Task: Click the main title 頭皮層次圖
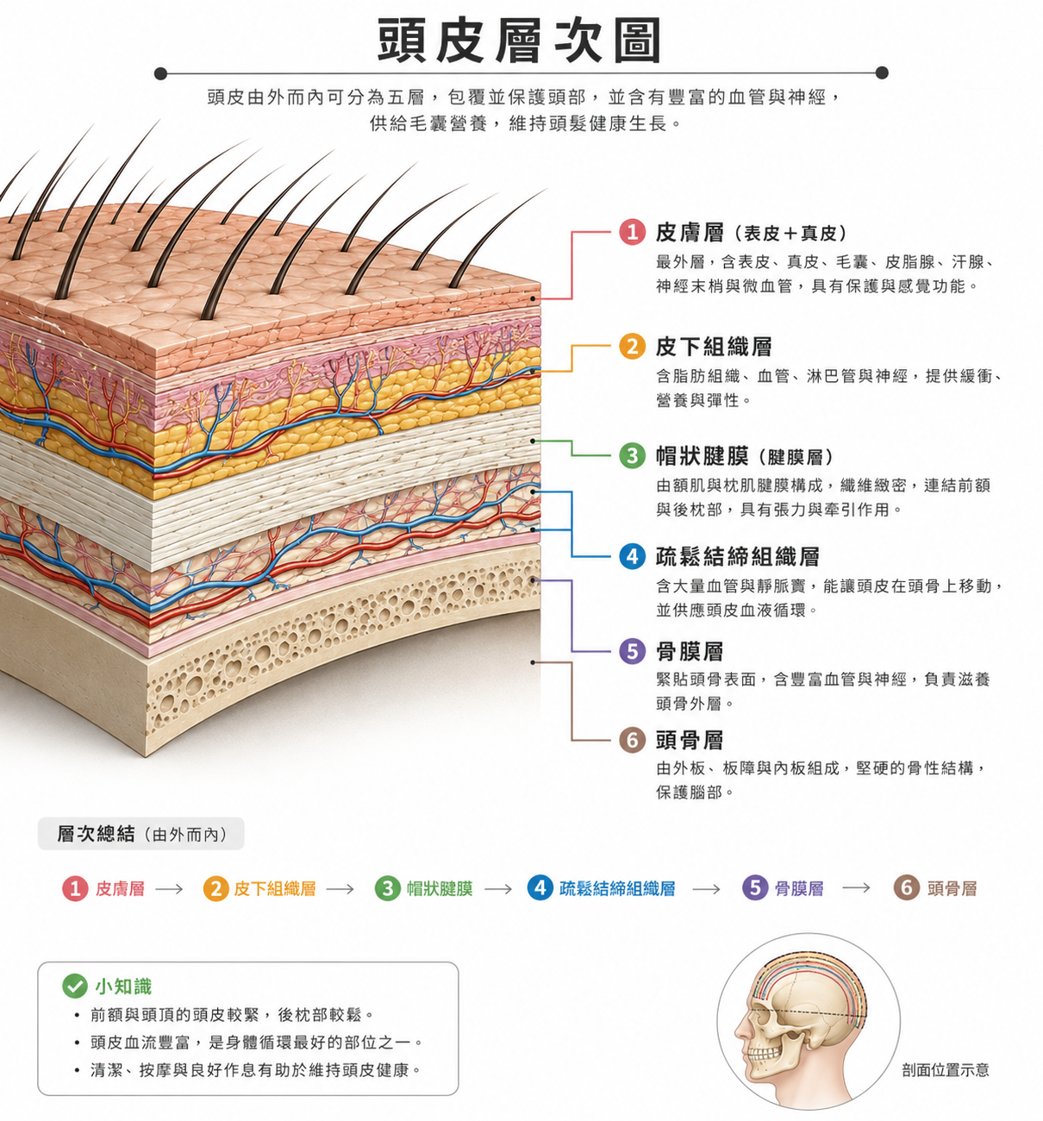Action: [x=519, y=40]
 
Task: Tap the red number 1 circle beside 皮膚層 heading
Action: [x=632, y=232]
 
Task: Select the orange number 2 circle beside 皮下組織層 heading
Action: [x=632, y=346]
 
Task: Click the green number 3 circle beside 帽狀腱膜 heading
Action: [x=632, y=455]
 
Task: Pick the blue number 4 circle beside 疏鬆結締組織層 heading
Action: [x=632, y=556]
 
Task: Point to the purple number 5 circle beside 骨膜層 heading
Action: [x=632, y=651]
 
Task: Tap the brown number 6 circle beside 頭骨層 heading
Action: [x=632, y=740]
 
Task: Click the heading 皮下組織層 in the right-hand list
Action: [x=714, y=347]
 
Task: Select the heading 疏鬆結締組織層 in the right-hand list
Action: [x=737, y=557]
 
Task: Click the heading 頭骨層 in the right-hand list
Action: [x=690, y=741]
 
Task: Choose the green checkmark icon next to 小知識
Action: [x=75, y=986]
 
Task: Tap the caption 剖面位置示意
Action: [x=946, y=1070]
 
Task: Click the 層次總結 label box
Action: [x=141, y=834]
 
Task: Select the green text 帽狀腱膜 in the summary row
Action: [x=440, y=889]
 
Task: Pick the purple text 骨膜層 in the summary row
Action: [x=798, y=889]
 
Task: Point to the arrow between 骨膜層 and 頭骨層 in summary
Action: [x=856, y=889]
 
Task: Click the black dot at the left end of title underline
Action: [x=161, y=73]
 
